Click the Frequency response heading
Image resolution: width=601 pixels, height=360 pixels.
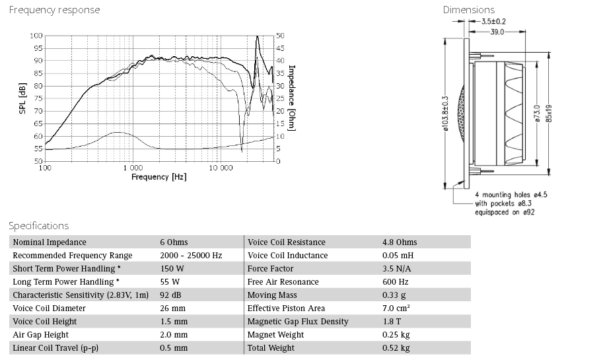(x=55, y=10)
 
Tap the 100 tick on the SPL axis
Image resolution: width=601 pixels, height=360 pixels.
(x=36, y=36)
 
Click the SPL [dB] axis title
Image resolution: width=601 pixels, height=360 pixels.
(x=23, y=98)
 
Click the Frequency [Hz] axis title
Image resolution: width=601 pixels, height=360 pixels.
(x=159, y=177)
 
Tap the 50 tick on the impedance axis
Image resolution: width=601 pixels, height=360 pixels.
(x=280, y=36)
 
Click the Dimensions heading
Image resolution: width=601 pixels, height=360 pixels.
(x=468, y=10)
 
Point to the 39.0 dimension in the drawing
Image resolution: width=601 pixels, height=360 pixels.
(x=497, y=31)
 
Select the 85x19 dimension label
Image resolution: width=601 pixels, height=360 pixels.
(x=549, y=109)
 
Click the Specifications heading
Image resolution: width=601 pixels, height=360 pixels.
(x=39, y=226)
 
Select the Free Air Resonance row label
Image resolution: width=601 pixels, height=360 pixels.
(x=283, y=282)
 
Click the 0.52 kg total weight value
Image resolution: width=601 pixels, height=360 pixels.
(x=396, y=348)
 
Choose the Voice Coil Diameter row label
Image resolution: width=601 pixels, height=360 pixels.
(x=49, y=308)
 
